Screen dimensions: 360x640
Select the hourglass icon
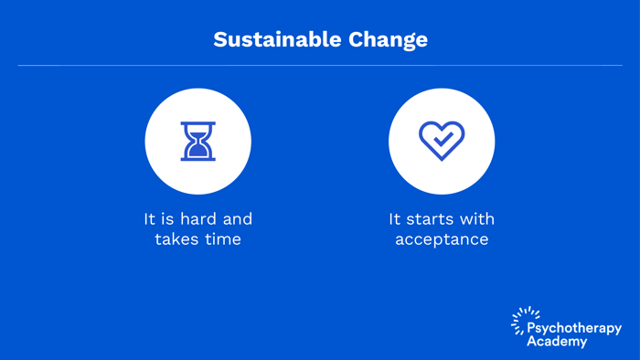(198, 142)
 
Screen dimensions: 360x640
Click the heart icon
(442, 141)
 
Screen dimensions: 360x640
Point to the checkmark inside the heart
(443, 140)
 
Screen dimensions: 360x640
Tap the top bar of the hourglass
(198, 124)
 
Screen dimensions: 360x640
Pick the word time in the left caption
(222, 239)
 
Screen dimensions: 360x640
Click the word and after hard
(237, 219)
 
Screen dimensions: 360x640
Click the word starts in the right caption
(434, 219)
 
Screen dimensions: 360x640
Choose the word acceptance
(442, 240)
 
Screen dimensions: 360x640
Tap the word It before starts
(395, 219)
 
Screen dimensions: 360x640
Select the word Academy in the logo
(557, 341)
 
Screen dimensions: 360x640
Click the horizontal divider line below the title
(320, 66)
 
